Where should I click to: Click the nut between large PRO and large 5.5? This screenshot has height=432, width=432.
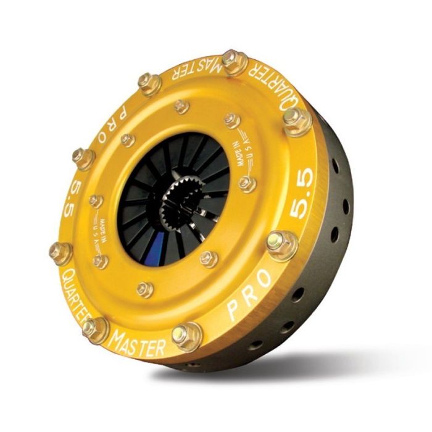tap(282, 244)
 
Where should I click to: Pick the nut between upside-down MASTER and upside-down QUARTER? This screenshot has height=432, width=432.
tap(235, 62)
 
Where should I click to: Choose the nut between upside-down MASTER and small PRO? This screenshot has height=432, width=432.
tap(150, 83)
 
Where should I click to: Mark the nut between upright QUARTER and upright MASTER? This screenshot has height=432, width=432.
tap(95, 328)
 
